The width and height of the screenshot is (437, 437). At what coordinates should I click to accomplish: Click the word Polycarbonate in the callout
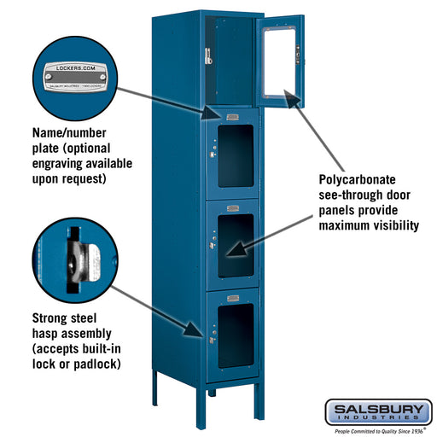[x=353, y=181]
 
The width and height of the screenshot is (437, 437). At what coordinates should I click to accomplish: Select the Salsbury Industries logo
[x=376, y=413]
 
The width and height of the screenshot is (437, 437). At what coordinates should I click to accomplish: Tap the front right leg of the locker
[x=257, y=399]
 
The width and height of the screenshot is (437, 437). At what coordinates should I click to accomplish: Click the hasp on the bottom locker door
[x=211, y=340]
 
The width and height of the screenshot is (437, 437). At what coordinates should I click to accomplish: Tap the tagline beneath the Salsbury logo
[x=376, y=432]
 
